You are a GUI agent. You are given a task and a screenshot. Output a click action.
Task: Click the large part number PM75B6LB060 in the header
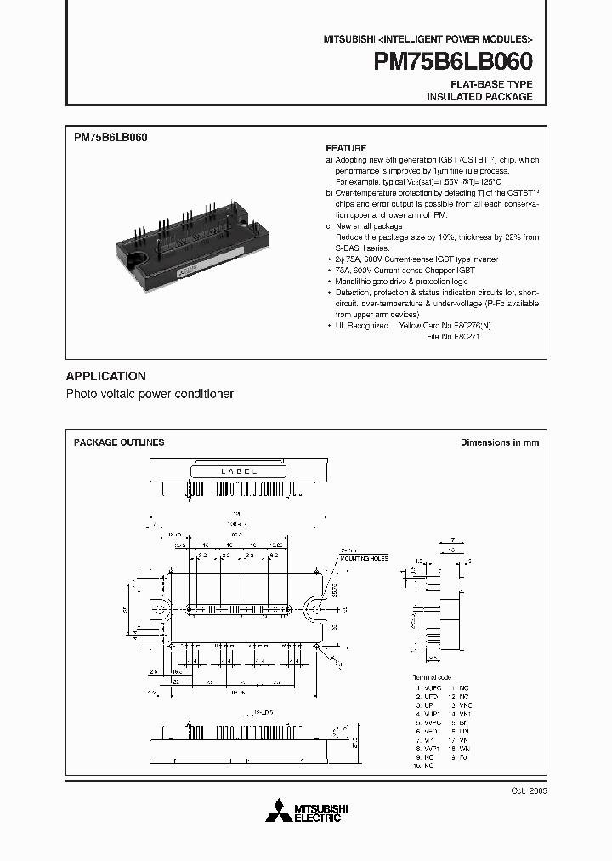click(x=454, y=62)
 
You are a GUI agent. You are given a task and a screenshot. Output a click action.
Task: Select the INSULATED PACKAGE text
click(x=479, y=97)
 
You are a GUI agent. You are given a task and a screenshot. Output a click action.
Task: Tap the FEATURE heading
click(x=346, y=148)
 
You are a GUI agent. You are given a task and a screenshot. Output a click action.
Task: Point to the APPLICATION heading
click(x=106, y=376)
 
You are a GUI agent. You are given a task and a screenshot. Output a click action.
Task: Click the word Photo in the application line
click(x=82, y=395)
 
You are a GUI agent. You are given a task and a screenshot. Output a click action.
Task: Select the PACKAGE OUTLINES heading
click(x=119, y=442)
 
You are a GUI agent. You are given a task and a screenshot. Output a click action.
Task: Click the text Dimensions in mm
click(x=499, y=442)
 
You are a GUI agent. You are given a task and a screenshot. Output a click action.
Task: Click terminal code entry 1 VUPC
click(x=428, y=687)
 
